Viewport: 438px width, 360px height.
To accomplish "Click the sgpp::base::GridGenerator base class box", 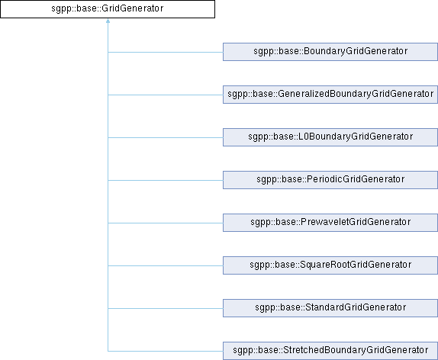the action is pos(108,9).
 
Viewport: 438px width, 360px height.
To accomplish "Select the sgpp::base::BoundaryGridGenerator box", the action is pos(330,52).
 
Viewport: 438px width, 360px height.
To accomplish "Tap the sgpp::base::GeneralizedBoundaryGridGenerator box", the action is pos(330,95).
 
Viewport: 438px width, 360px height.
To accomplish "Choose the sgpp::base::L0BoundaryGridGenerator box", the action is pos(330,137).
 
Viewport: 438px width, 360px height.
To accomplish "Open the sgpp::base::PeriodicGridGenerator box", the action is pos(330,180).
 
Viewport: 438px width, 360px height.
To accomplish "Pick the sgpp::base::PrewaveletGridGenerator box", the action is pos(330,223).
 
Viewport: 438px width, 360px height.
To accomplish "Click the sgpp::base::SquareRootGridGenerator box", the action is pos(330,265).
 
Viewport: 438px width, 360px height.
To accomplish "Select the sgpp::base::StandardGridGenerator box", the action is pos(330,308).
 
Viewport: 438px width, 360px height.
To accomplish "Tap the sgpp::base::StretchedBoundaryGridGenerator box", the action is pos(330,351).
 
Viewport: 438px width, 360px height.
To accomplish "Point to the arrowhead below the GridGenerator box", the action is pos(108,21).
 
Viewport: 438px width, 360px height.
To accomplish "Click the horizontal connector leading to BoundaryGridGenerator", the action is pos(166,52).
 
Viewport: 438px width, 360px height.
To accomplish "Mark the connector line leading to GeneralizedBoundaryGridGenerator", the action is pos(166,95).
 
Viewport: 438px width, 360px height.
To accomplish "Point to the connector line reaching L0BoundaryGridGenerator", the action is pos(166,137).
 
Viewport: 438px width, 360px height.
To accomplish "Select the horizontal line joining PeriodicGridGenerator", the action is pos(166,180).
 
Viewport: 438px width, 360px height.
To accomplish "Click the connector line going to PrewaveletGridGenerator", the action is pos(166,223).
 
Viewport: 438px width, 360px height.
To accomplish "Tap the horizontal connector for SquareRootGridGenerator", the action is pos(166,265).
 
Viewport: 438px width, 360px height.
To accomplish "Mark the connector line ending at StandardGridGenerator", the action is pos(166,308).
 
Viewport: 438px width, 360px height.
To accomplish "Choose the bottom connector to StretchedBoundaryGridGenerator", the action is pos(166,351).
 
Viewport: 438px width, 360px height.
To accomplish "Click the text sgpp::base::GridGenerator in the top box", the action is pos(108,8).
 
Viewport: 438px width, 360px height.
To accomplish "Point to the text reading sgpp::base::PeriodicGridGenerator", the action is pos(330,179).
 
